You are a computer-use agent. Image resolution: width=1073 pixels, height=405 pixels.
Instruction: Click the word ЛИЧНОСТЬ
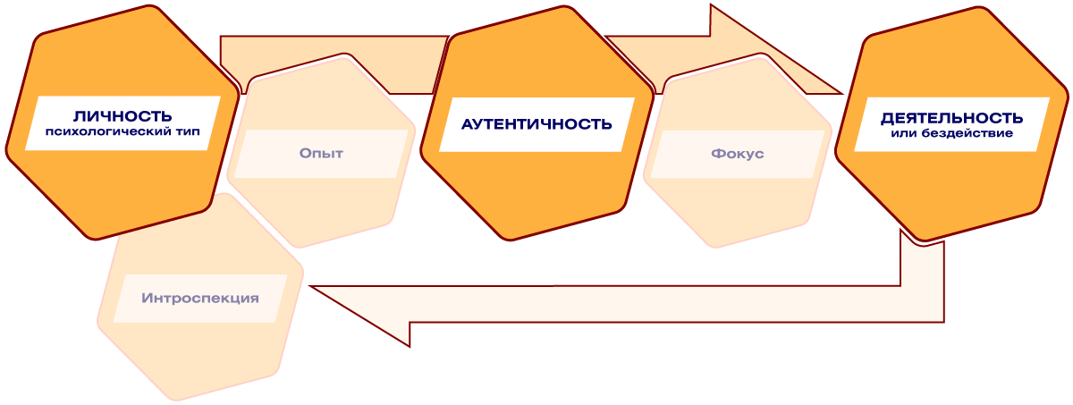[123, 116]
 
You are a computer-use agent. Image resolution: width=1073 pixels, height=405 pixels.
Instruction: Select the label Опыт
[322, 153]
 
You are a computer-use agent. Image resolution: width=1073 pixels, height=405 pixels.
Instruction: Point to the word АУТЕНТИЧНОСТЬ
[536, 124]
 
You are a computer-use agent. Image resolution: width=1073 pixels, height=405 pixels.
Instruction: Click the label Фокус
[738, 154]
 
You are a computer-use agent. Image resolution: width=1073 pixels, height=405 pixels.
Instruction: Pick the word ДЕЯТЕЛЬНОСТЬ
[951, 118]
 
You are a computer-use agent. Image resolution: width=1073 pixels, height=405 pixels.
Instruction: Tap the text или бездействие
[951, 133]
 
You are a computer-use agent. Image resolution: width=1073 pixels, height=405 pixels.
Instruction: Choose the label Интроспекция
[200, 298]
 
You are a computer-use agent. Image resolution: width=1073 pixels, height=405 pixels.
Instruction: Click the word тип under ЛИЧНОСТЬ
[186, 131]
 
